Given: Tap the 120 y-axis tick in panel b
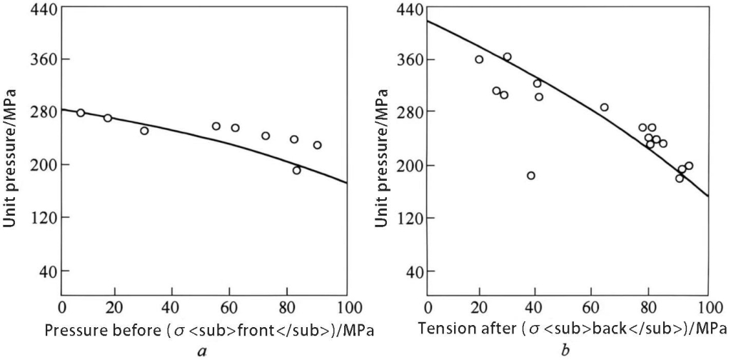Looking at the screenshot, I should [x=409, y=218].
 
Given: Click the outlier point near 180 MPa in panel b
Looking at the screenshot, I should [x=530, y=176].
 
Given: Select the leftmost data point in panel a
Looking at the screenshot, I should [x=81, y=113].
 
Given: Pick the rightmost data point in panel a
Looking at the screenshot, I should [x=317, y=145].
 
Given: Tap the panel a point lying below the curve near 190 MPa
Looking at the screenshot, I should [x=296, y=170].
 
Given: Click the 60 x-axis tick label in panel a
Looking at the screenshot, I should [x=228, y=309].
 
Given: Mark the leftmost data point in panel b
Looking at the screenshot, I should [x=479, y=59].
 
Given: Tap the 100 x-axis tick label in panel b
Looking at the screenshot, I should [x=707, y=309].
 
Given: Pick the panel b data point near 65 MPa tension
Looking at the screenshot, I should [x=604, y=108].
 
